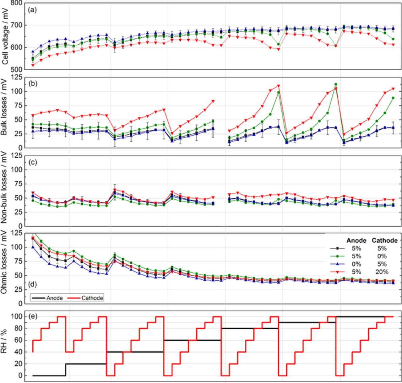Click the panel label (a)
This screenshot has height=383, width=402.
[32, 10]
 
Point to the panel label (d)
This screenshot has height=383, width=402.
[32, 285]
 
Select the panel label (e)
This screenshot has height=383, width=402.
[32, 316]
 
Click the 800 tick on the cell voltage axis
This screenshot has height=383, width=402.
[17, 3]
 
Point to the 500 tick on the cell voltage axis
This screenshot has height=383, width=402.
[17, 69]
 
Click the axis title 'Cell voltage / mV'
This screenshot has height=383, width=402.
[5, 36]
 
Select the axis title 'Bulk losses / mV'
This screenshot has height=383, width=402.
[5, 111]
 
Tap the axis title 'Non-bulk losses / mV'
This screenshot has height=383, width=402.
[5, 190]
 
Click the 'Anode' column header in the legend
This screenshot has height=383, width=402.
[356, 240]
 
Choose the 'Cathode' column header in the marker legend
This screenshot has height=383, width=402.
[385, 240]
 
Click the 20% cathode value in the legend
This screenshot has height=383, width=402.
[381, 272]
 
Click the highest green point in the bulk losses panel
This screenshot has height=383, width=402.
[336, 84]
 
